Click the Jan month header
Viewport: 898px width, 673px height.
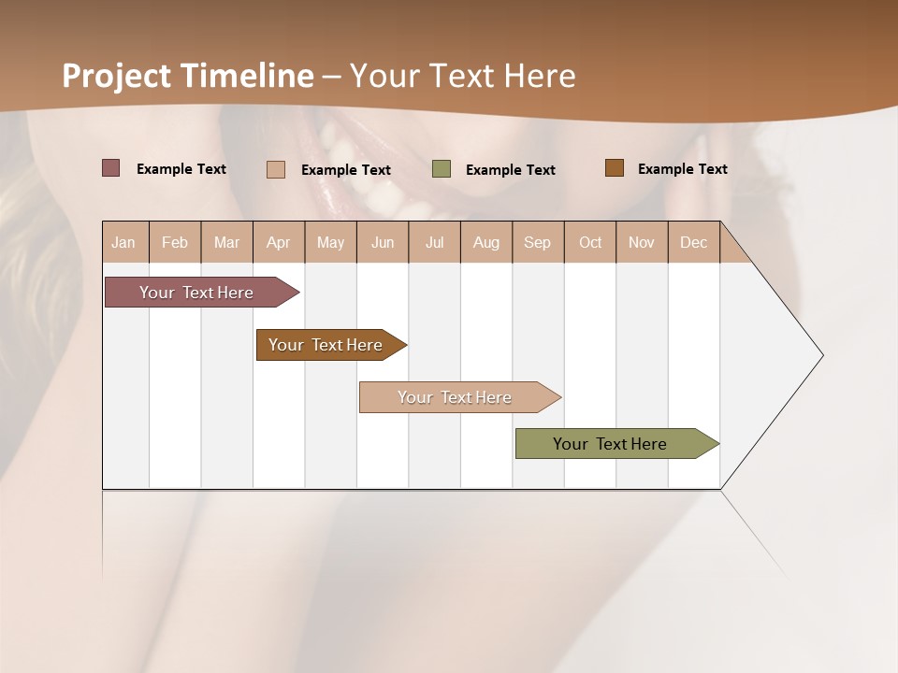123,242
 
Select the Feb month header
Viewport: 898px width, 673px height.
175,242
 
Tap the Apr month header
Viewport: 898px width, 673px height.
278,242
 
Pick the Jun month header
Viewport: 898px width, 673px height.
383,242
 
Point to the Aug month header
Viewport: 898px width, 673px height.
485,242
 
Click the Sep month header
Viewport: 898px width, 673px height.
537,242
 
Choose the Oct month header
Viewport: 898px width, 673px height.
590,242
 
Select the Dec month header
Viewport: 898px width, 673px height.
693,242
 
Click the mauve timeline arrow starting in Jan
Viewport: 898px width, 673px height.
196,293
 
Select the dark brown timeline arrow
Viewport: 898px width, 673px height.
326,345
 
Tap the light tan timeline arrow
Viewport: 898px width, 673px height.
455,397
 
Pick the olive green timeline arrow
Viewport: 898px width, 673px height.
610,444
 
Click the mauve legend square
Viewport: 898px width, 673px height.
110,168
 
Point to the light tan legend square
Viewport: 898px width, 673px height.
276,169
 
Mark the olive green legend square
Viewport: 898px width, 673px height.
442,169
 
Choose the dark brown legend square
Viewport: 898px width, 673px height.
614,168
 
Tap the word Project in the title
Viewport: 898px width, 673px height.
117,76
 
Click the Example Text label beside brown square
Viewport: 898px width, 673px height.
682,168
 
